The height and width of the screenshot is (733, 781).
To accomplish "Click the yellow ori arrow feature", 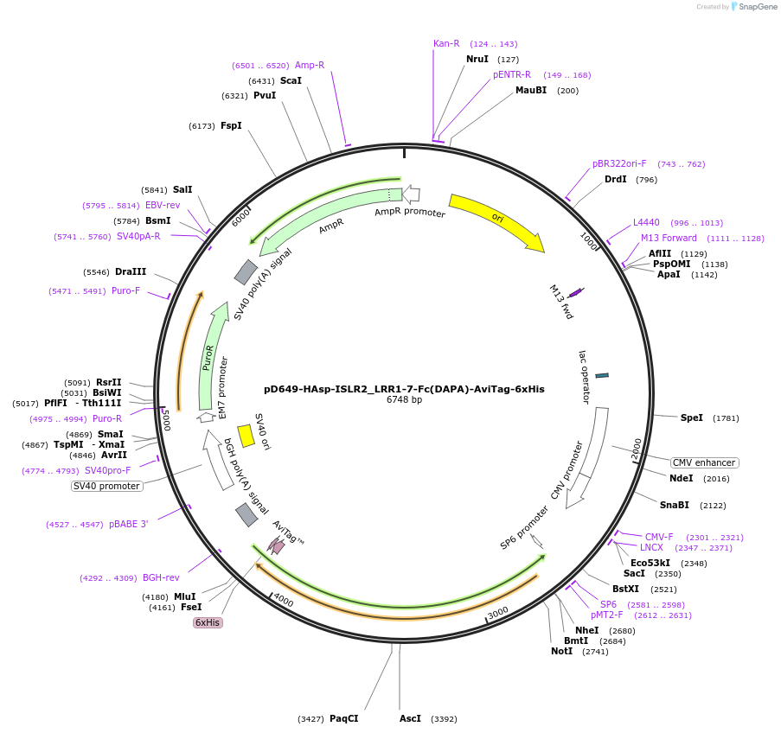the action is (496, 220).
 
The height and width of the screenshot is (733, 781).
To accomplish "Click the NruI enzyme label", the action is (477, 59).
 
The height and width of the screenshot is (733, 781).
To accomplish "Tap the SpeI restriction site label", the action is (692, 417).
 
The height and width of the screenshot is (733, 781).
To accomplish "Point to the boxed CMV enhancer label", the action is (704, 462).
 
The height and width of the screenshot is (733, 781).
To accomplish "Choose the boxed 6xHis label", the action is (208, 622).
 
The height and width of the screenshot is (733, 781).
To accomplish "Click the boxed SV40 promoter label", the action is (106, 486).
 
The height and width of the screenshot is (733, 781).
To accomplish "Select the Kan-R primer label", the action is (446, 43).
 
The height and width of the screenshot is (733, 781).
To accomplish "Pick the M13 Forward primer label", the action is (669, 238).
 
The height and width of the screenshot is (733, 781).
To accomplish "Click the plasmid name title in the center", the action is (404, 389).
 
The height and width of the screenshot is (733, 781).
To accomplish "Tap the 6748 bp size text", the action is (404, 400).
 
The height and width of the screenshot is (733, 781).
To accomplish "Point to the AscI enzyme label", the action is (410, 718).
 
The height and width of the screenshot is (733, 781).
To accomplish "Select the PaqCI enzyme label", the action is (343, 718).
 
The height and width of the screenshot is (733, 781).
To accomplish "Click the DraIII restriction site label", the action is (131, 271).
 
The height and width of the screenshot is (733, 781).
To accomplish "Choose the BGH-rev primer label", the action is (161, 577).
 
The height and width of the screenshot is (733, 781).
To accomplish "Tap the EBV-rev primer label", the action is (163, 205).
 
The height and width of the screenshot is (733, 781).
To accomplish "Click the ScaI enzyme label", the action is (291, 80).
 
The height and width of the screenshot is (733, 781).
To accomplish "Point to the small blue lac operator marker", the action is (602, 375).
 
